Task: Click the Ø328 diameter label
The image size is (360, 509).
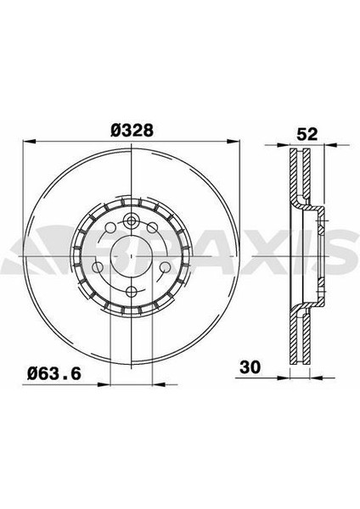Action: click(132, 131)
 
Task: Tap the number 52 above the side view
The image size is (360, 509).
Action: click(307, 134)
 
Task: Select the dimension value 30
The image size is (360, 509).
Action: click(250, 367)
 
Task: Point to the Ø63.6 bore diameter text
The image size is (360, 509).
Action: click(54, 373)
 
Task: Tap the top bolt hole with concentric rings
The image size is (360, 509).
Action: click(132, 221)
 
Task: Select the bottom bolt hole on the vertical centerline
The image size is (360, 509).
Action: click(132, 291)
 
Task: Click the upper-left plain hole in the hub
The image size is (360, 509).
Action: click(110, 227)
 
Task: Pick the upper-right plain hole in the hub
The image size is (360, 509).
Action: click(152, 227)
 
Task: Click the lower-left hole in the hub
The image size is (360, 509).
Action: click(98, 267)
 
